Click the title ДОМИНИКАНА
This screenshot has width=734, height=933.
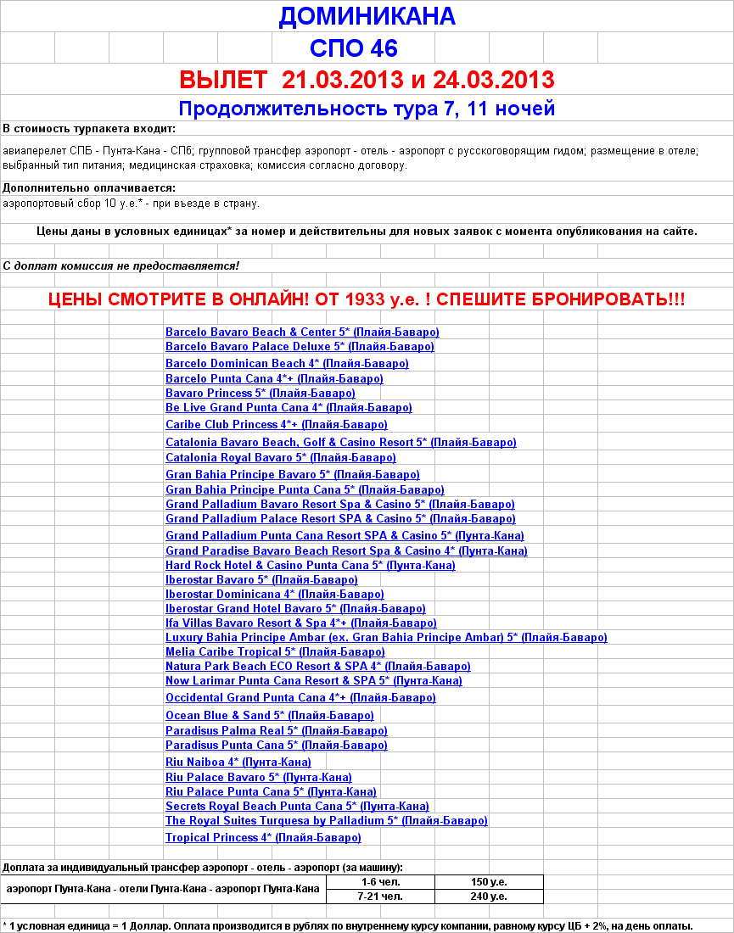coord(367,16)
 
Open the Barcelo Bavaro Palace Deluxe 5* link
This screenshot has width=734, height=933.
coord(300,347)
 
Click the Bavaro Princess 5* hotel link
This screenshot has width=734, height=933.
coord(260,394)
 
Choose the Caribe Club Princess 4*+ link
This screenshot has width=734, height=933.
coord(276,425)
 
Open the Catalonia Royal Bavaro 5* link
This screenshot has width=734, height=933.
coord(280,458)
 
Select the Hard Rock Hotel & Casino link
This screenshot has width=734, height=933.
coord(310,566)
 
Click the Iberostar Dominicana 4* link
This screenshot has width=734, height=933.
coord(274,595)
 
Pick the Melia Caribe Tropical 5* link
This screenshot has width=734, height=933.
coord(275,652)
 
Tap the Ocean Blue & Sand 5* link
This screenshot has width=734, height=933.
coord(269,716)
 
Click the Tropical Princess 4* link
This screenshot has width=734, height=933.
coord(263,838)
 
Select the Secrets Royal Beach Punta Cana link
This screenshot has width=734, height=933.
coord(297,807)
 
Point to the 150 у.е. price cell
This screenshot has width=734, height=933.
coord(489,882)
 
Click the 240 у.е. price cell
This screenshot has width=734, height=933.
coord(489,897)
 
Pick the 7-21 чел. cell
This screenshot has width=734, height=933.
coord(380,897)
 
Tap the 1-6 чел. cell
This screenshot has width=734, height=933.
coord(380,882)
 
